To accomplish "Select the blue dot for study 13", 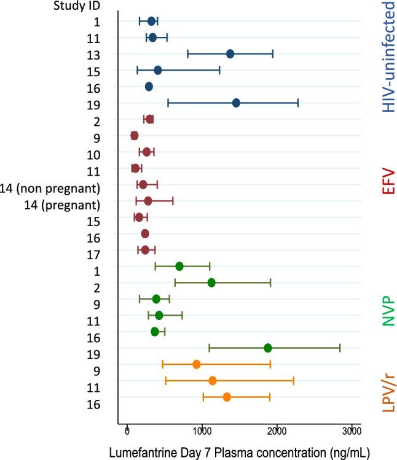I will click(x=230, y=54).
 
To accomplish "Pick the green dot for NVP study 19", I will click(x=268, y=348).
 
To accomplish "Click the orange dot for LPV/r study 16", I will click(x=227, y=397).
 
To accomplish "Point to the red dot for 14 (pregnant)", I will click(x=148, y=201).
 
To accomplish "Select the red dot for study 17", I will click(x=145, y=250).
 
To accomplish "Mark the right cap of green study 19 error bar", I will click(x=340, y=348).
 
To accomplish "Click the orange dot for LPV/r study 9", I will click(x=197, y=364).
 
